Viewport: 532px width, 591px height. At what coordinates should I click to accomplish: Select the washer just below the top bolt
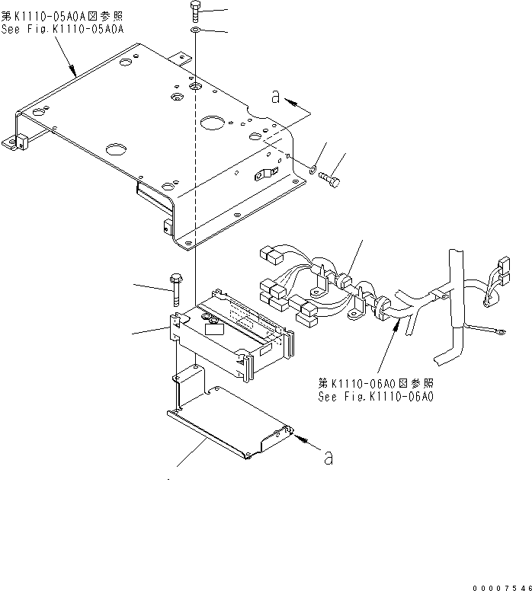(x=195, y=30)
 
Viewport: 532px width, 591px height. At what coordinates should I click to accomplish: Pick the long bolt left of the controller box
(x=177, y=290)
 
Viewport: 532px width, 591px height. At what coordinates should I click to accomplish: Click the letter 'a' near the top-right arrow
(x=275, y=96)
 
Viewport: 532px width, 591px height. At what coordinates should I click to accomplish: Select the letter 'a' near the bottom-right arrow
(x=328, y=458)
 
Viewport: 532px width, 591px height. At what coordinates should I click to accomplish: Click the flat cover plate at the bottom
(x=229, y=423)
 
